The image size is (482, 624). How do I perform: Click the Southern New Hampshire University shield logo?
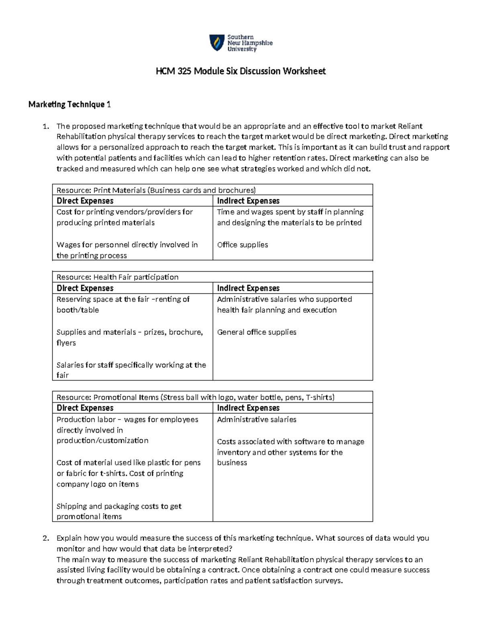(216, 43)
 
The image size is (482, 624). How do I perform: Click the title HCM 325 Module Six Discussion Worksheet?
(241, 72)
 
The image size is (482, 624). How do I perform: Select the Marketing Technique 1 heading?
(69, 104)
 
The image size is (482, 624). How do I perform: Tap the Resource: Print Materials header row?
(156, 190)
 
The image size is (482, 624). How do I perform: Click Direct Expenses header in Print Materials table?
(85, 201)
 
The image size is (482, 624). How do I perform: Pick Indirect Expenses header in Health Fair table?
(248, 288)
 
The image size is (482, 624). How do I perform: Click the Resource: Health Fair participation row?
(117, 277)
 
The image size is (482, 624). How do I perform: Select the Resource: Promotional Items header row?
(195, 397)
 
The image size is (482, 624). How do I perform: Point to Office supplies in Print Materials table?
(242, 245)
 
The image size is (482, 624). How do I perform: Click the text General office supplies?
(257, 332)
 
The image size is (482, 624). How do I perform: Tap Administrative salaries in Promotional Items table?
(257, 419)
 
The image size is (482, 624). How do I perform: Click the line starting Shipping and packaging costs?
(119, 506)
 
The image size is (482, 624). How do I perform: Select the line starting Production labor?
(127, 419)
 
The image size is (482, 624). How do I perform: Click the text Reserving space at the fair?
(123, 299)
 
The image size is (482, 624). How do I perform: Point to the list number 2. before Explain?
(46, 538)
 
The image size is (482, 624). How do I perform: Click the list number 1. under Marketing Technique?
(46, 126)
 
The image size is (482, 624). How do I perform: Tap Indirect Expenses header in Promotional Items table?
(248, 408)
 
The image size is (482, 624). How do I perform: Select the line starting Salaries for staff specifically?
(131, 365)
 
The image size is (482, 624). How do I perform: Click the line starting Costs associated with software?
(290, 442)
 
